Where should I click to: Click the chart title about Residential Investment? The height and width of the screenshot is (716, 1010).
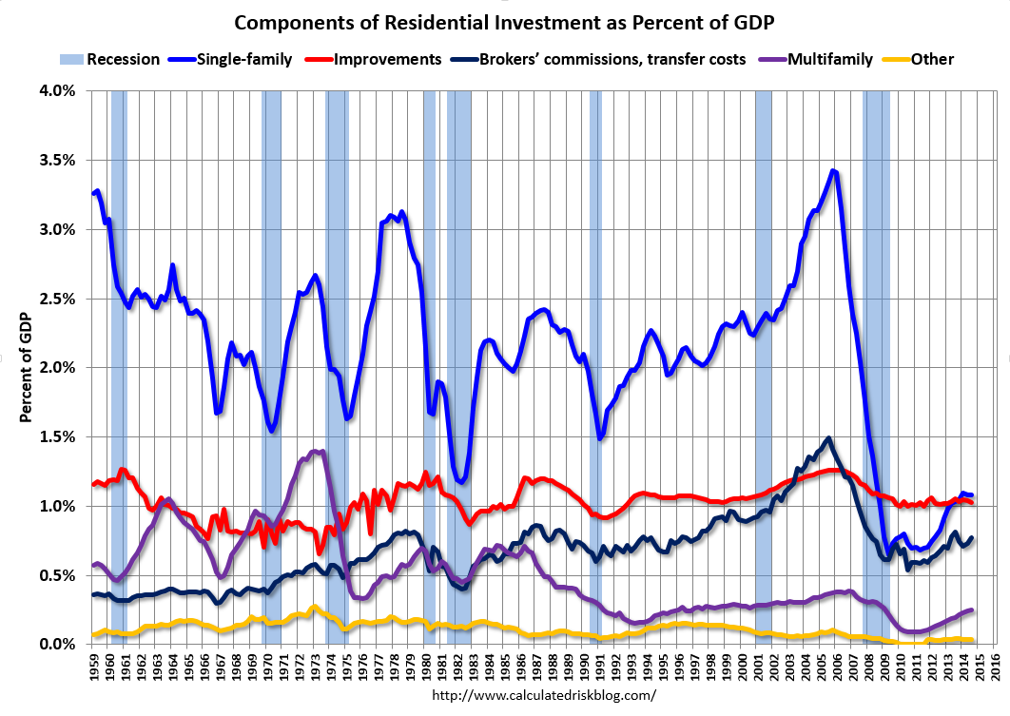[504, 22]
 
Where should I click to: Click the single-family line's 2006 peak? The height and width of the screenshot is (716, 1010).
[833, 171]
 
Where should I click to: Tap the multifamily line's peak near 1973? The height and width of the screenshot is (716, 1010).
[319, 452]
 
